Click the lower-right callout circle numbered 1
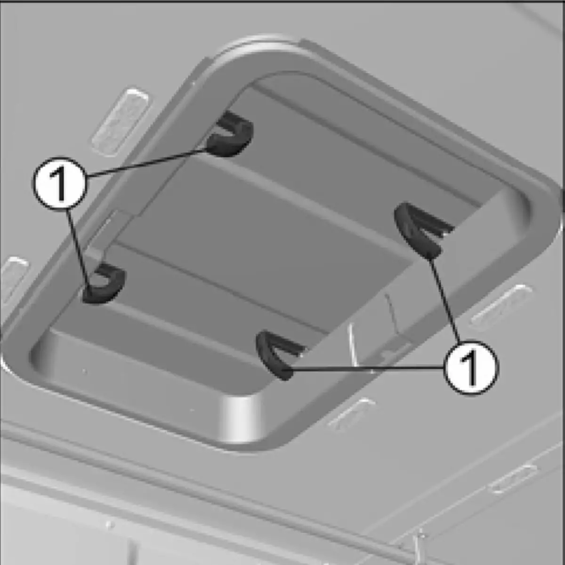(x=471, y=367)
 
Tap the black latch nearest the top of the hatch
(x=230, y=134)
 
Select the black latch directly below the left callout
(x=104, y=284)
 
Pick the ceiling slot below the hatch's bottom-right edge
(x=351, y=414)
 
